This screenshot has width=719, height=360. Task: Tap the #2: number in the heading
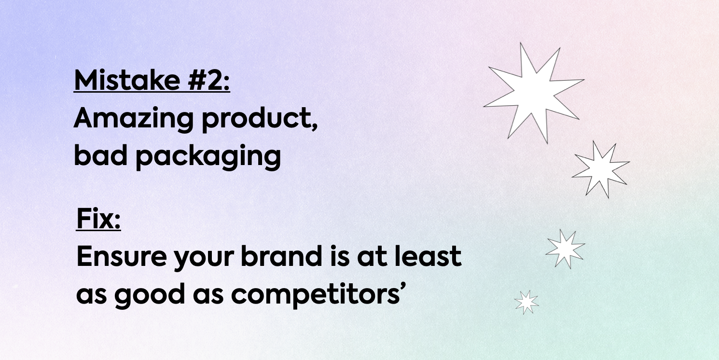209,80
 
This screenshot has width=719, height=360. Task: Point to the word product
257,119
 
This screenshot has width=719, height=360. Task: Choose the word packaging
208,157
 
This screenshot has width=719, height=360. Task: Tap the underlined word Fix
98,219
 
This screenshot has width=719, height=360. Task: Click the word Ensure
122,256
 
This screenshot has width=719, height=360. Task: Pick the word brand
281,256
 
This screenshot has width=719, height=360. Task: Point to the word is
340,256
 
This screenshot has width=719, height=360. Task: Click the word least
428,256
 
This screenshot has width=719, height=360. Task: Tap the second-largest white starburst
601,169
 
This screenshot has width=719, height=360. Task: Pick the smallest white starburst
526,302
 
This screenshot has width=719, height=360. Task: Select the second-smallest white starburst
565,249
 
